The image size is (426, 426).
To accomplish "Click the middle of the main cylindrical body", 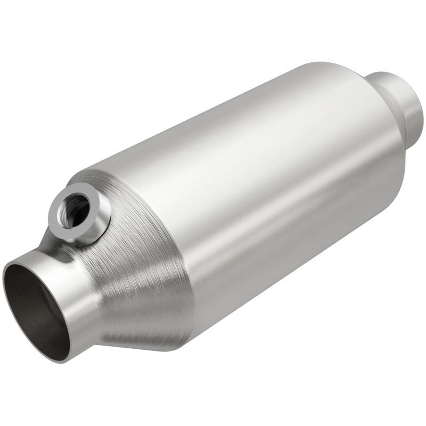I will tap(266, 192).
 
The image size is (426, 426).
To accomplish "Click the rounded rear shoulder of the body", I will tap(383, 138).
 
